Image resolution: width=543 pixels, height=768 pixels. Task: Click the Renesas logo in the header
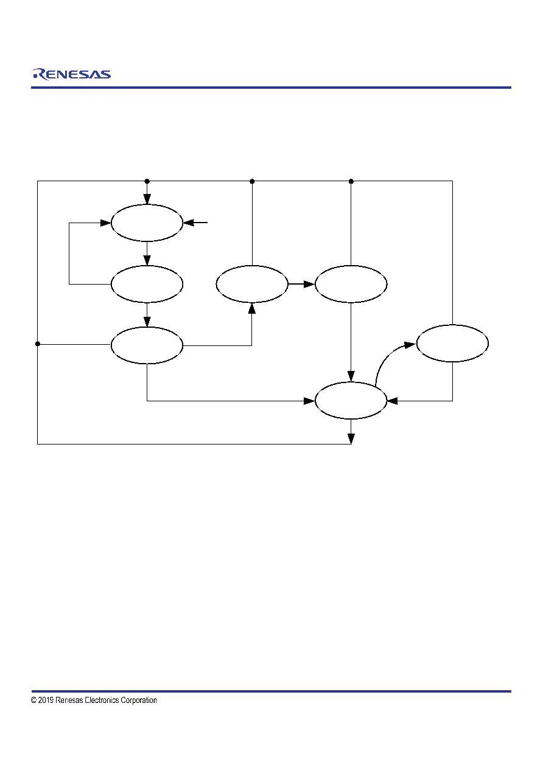coord(71,74)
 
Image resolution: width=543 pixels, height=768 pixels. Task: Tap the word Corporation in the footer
coord(139,701)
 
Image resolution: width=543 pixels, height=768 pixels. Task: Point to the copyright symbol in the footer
coord(33,700)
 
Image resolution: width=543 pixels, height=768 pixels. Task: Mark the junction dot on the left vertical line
coord(38,344)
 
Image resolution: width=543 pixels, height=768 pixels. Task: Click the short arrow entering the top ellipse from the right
coord(195,223)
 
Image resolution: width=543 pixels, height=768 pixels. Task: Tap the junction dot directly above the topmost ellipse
coord(147,181)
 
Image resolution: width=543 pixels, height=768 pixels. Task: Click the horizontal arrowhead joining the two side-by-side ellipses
coord(309,284)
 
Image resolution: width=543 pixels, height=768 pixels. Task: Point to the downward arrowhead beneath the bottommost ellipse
coord(351,438)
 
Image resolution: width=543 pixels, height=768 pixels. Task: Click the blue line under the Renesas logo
coord(271,88)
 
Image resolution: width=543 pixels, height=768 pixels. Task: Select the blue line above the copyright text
coord(271,691)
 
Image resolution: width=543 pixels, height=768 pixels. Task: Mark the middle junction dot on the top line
coord(252,181)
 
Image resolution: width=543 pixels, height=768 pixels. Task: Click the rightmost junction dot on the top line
coord(351,181)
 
